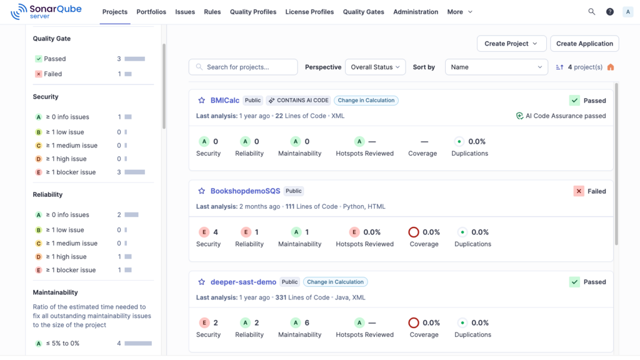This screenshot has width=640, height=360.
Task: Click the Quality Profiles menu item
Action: pos(253,12)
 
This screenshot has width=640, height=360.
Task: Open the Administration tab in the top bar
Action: pos(416,12)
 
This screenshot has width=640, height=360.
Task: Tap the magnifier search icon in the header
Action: pos(591,12)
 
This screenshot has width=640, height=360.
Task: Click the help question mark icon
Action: pos(610,12)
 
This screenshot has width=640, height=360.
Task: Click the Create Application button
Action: pos(584,44)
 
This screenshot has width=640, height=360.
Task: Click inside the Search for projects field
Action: pos(243,67)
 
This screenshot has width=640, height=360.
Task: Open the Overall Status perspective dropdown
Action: pos(376,67)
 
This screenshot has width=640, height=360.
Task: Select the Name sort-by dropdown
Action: pos(496,67)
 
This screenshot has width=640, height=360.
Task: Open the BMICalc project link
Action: pos(225,101)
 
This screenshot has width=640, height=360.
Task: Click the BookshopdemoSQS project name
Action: pos(245,191)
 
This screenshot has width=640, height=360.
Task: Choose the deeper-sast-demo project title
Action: pos(243,282)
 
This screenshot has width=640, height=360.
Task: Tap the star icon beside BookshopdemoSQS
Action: pos(202,191)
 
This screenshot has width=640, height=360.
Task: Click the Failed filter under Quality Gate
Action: pos(53,74)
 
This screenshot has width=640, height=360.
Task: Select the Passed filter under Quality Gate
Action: pos(55,59)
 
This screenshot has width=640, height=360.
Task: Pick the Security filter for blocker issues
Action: pos(71,172)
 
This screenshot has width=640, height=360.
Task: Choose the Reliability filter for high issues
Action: pos(66,257)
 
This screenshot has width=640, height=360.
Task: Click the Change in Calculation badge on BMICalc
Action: pos(366,101)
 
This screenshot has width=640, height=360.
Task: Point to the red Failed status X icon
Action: pos(579,191)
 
